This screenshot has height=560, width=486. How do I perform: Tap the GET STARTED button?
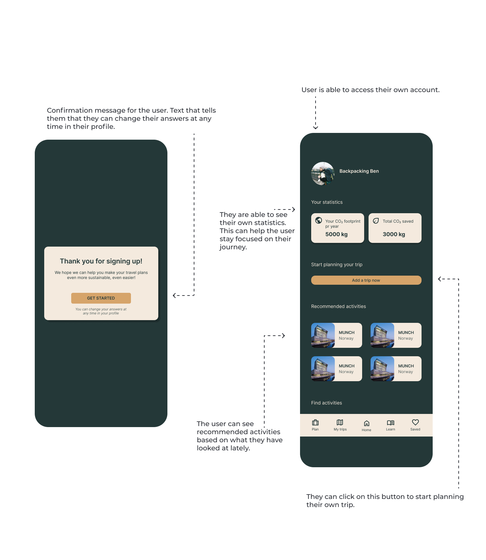tap(101, 298)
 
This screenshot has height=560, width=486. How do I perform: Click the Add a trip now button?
tap(366, 280)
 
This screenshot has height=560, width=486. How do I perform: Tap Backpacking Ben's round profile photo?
tap(323, 174)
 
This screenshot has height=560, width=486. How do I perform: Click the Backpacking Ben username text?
tap(359, 171)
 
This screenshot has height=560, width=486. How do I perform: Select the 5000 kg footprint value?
tap(336, 234)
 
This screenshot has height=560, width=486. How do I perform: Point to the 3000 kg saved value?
tap(394, 234)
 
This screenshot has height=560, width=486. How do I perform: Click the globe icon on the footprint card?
tap(319, 220)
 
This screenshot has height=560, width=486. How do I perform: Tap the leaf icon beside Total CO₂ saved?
tap(376, 221)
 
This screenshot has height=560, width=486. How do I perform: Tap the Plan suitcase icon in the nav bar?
tap(315, 422)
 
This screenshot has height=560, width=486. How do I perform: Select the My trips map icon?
tap(340, 422)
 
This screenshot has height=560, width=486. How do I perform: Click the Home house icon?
tap(367, 423)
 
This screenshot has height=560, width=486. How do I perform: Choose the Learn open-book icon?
tap(390, 423)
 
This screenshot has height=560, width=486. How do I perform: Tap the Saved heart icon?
tap(415, 422)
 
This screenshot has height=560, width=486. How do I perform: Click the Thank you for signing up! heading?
tap(101, 261)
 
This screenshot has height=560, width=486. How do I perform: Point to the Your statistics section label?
tap(327, 202)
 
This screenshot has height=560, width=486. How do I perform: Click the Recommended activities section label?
tap(339, 306)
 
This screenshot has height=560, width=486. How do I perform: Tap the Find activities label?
tap(326, 403)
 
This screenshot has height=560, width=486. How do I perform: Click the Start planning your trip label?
tap(337, 264)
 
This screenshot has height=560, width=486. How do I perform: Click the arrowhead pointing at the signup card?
tap(174, 296)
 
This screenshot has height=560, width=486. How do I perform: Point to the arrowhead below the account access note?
tap(316, 128)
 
